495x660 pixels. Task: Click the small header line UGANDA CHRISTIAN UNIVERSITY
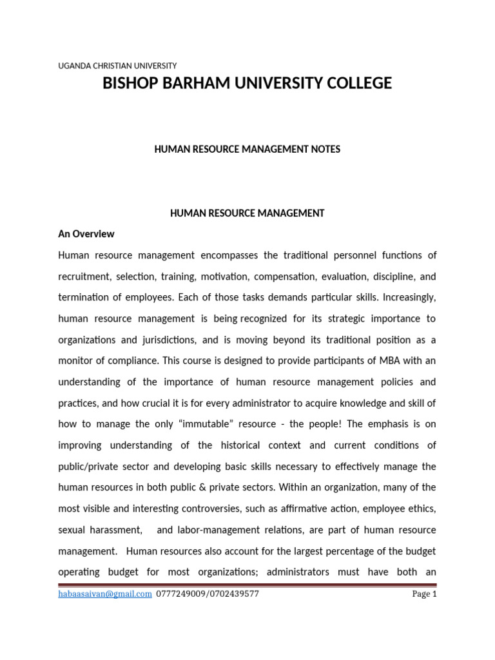(x=117, y=66)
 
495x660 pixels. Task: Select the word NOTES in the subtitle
(x=326, y=150)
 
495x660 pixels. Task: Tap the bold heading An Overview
(x=86, y=234)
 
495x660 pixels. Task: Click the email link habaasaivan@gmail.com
(x=105, y=594)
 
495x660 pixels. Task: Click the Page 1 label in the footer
(x=424, y=594)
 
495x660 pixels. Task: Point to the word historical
(x=253, y=445)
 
